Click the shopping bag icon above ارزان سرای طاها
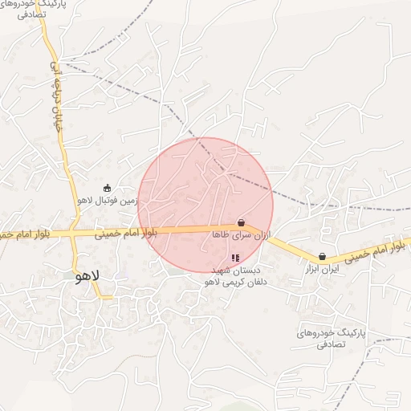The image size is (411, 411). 241,222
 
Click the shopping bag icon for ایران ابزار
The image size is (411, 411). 323,257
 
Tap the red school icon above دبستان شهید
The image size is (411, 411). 235,258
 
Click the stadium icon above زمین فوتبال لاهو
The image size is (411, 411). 107,188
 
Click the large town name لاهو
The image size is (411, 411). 86,276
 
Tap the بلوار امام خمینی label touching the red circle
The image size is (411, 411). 125,234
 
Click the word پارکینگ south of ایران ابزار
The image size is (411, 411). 347,332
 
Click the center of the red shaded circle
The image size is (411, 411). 205,205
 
